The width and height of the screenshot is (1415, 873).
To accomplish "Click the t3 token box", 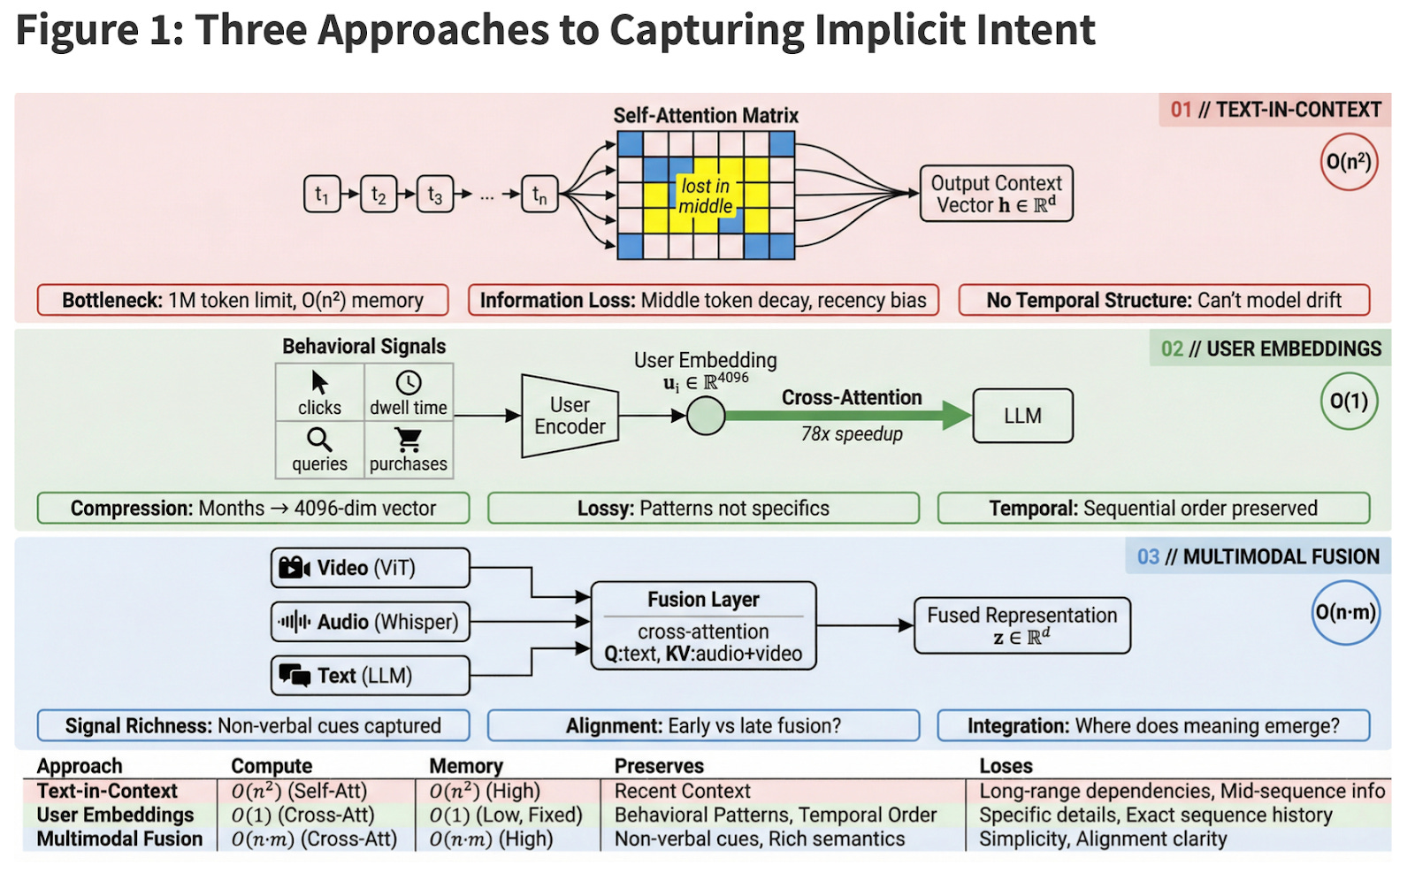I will pyautogui.click(x=434, y=195).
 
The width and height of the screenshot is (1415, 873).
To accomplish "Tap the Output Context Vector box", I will pyautogui.click(x=996, y=194).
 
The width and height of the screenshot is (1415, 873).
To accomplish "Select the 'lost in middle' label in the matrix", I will pyautogui.click(x=705, y=195).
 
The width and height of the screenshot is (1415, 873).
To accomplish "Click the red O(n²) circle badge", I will pyautogui.click(x=1349, y=162).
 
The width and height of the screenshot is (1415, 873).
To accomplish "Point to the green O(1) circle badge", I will pyautogui.click(x=1349, y=402).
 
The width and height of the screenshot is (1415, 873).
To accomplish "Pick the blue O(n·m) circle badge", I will pyautogui.click(x=1346, y=612).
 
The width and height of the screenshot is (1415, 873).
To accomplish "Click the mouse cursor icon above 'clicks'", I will pyautogui.click(x=319, y=382).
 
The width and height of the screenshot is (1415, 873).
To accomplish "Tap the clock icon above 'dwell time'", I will pyautogui.click(x=409, y=382).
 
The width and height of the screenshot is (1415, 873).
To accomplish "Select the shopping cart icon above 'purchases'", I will pyautogui.click(x=409, y=439).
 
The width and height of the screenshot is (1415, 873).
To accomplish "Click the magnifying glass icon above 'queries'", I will pyautogui.click(x=319, y=440).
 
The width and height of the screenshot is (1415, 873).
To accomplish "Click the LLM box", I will pyautogui.click(x=1022, y=416).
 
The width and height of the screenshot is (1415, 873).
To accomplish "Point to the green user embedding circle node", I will pyautogui.click(x=706, y=416).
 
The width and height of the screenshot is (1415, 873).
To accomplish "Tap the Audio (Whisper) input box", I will pyautogui.click(x=370, y=622).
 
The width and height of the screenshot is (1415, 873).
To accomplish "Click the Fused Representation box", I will pyautogui.click(x=1021, y=625).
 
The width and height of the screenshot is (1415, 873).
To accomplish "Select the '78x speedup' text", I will pyautogui.click(x=852, y=434).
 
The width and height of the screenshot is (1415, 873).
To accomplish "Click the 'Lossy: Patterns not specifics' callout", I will pyautogui.click(x=703, y=509).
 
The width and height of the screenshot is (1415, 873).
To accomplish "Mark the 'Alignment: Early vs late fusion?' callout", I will pyautogui.click(x=703, y=726).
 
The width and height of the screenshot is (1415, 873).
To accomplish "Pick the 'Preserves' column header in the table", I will pyautogui.click(x=659, y=766).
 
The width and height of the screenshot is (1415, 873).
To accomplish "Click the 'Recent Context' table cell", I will pyautogui.click(x=682, y=791).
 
